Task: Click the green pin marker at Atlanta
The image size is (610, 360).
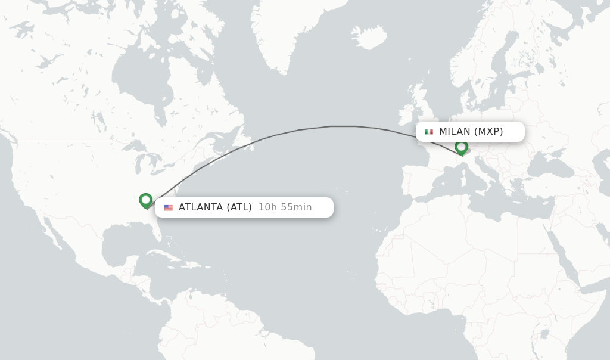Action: click(145, 200)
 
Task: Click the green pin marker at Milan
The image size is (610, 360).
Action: click(461, 147)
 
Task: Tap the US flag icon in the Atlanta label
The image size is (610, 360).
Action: click(168, 207)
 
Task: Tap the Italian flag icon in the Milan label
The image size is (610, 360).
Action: click(429, 132)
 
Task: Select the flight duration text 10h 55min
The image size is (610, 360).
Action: click(285, 207)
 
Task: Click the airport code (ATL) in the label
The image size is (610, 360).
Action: click(239, 207)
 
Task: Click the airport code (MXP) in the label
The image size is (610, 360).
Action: click(488, 132)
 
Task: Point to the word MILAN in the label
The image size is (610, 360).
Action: click(455, 132)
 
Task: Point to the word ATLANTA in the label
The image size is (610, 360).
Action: click(201, 207)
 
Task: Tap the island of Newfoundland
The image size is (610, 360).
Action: click(247, 142)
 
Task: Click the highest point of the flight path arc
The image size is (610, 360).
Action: click(343, 126)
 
